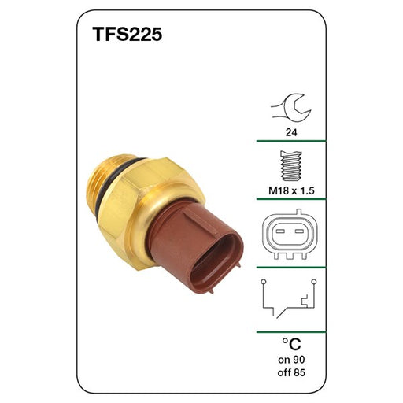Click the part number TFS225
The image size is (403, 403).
[128, 35]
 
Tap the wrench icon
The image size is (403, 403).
[291, 109]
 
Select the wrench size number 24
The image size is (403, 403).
[291, 132]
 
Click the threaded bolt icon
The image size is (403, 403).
[291, 166]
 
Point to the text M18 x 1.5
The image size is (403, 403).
[291, 190]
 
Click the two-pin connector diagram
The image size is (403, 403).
[290, 234]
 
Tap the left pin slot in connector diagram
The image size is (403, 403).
[280, 231]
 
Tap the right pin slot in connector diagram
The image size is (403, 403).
[299, 231]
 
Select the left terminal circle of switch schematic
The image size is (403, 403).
[264, 282]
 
